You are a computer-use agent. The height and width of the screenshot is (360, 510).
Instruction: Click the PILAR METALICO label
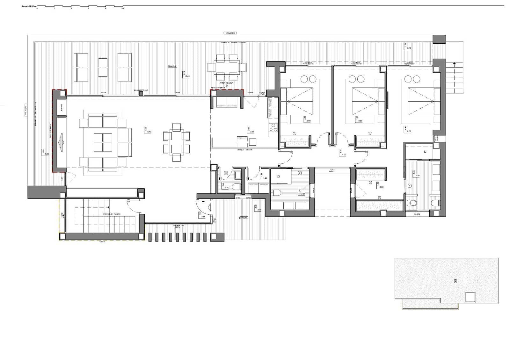coord(141,90)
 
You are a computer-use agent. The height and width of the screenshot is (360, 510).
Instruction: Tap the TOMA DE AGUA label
coord(227,83)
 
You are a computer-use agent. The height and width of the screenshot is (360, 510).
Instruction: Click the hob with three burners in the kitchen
coord(273,127)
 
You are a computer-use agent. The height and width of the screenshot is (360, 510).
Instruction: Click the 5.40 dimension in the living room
coord(149,131)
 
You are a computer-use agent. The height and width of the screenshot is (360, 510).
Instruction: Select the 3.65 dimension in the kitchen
coord(252,131)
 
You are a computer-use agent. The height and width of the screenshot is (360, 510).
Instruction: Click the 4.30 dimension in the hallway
coord(344,155)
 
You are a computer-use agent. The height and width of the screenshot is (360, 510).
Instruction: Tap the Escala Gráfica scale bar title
coord(29,6)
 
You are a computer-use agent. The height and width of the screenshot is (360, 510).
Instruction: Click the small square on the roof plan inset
coord(470,297)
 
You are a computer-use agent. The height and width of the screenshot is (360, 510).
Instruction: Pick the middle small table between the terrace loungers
coord(103,67)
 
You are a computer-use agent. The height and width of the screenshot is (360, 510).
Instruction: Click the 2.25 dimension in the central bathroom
coord(303,194)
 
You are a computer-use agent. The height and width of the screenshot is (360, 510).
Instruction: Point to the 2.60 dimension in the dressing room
coord(382,187)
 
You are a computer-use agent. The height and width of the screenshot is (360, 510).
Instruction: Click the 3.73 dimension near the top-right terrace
coord(409,48)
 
